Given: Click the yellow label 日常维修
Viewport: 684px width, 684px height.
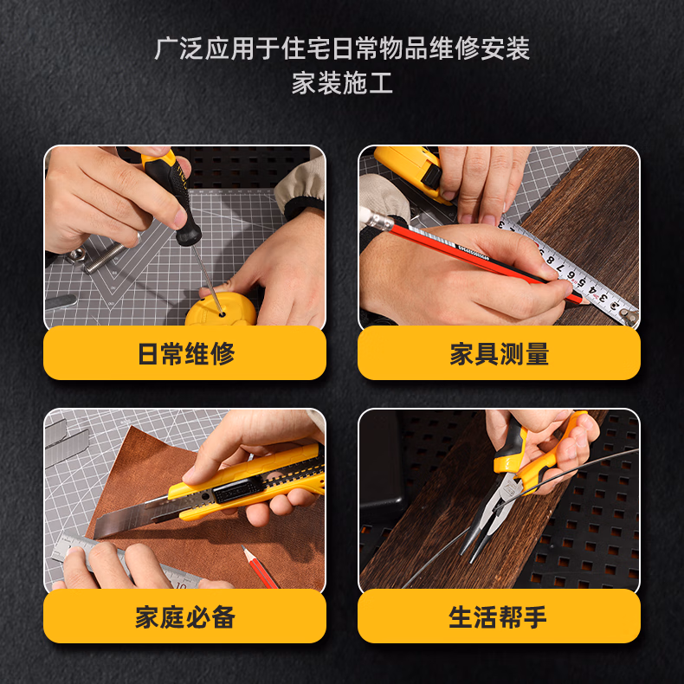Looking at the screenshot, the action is (185, 353).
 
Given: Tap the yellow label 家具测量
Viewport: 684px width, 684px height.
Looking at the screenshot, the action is (499, 353).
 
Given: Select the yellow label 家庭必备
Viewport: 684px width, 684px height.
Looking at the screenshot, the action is (185, 616).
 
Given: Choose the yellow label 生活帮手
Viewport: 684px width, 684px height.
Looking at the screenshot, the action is (499, 616).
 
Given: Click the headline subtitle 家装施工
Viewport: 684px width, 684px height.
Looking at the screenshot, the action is (342, 83).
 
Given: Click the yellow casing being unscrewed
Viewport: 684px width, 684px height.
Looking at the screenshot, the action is (220, 310).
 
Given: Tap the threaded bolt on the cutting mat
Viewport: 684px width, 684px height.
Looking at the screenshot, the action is (105, 258).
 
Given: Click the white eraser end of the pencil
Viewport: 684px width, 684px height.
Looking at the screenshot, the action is (376, 219).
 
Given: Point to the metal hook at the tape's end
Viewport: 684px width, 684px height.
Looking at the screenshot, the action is (628, 315).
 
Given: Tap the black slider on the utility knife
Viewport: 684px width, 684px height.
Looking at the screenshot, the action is (238, 489).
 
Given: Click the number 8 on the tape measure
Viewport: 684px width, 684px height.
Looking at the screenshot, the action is (552, 261).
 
